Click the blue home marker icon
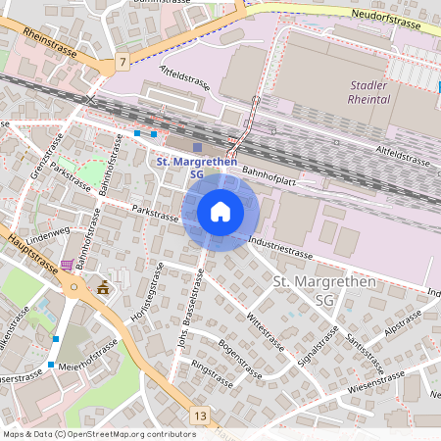[x=220, y=211]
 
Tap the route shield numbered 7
[x=122, y=62]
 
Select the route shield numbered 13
[x=200, y=416]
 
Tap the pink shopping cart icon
[x=66, y=265]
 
